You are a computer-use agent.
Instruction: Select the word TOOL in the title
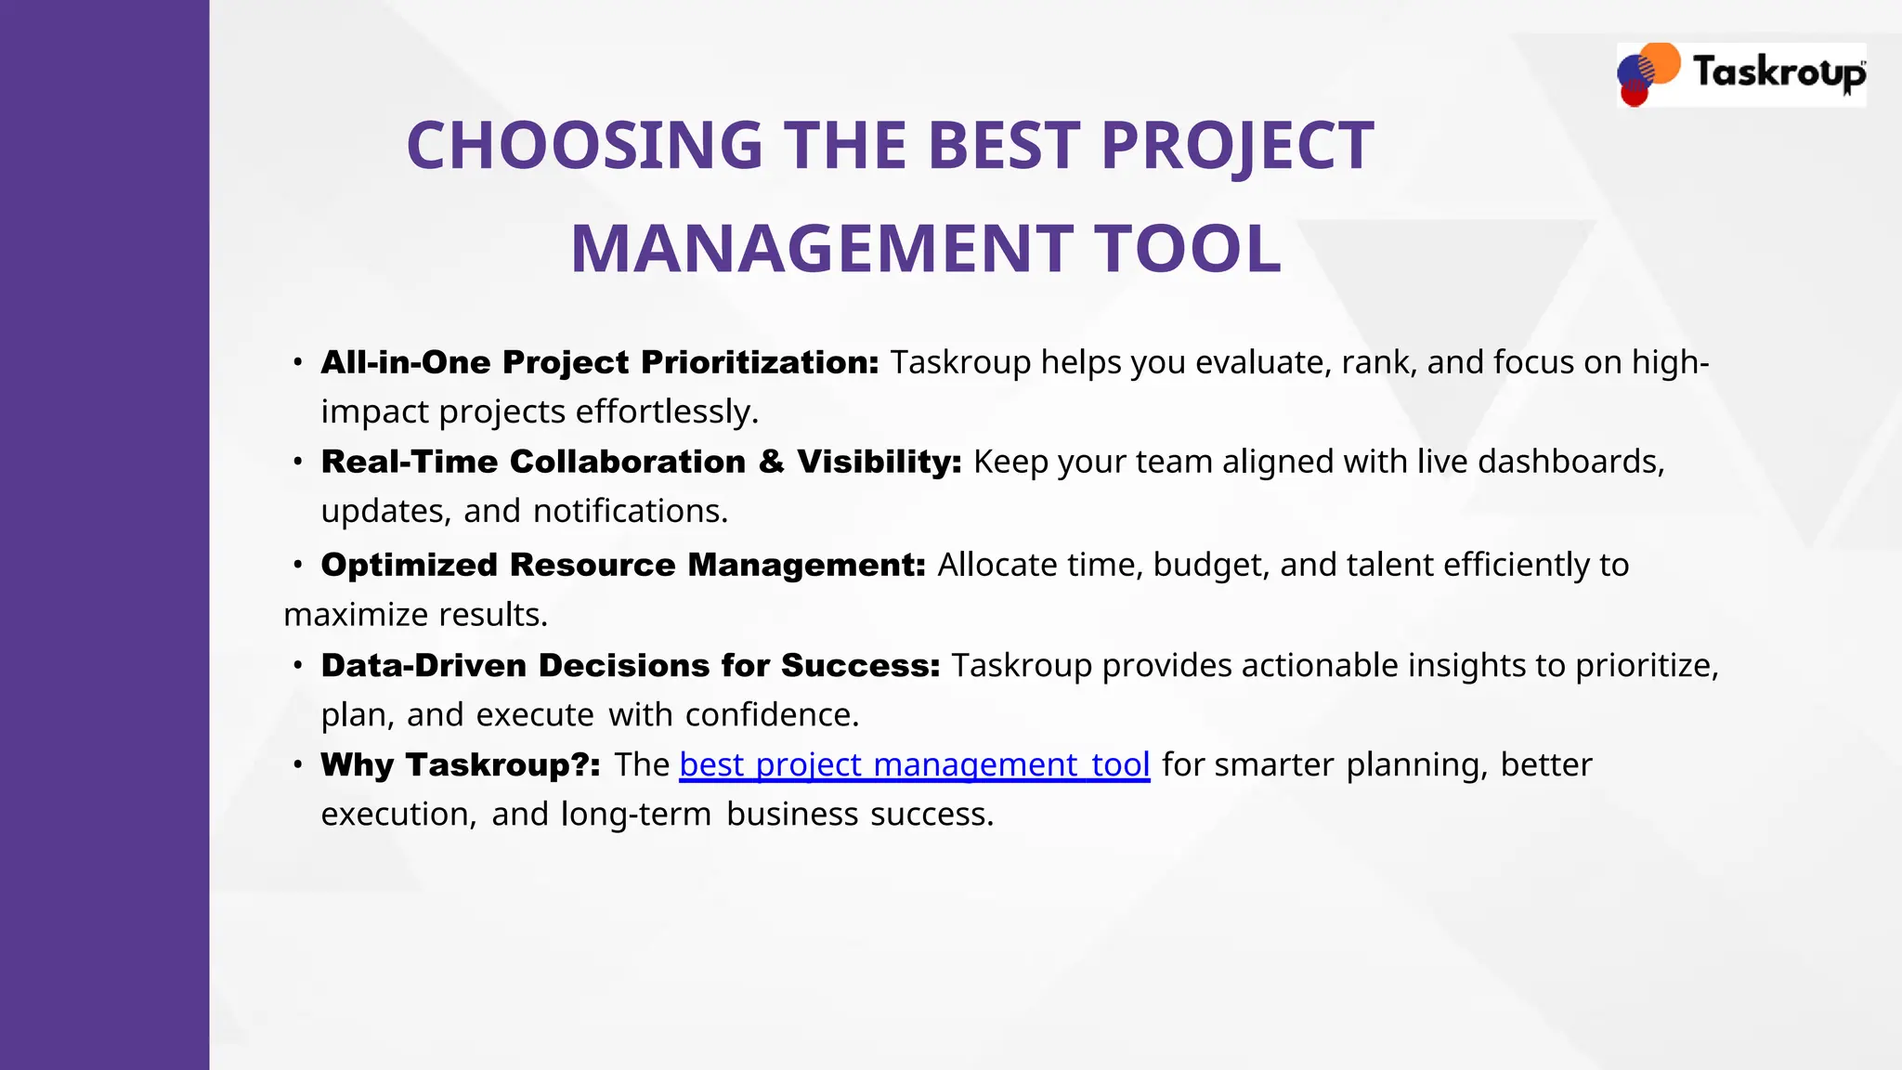(x=1188, y=249)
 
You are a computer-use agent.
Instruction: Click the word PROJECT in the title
(x=1237, y=146)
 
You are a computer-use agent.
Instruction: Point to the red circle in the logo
(x=1634, y=94)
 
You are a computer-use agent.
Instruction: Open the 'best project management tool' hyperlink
(x=914, y=764)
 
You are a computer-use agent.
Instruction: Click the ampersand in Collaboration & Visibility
(x=771, y=462)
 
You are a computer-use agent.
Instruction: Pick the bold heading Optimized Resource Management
(x=622, y=565)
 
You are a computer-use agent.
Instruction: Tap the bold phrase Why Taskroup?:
(x=460, y=764)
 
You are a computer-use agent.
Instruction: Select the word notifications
(x=630, y=511)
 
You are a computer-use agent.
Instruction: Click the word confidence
(x=772, y=714)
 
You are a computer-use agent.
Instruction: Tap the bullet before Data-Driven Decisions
(x=297, y=665)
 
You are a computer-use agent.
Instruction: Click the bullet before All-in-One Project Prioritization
(x=297, y=362)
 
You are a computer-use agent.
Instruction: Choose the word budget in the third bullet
(x=1211, y=565)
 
